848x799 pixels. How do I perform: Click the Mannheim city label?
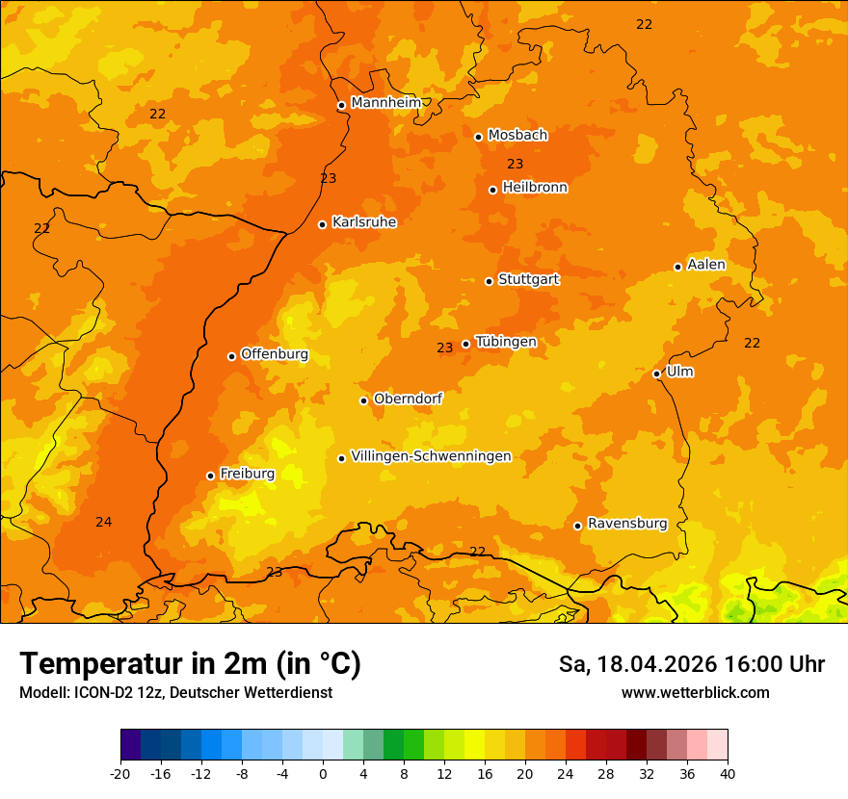[386, 103]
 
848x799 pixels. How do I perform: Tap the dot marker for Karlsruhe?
[322, 224]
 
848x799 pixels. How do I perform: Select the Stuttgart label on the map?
[528, 279]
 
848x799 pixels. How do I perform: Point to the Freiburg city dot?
[210, 476]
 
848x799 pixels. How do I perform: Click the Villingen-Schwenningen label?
[431, 456]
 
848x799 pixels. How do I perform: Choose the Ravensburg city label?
[626, 524]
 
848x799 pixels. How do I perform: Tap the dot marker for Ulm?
[656, 374]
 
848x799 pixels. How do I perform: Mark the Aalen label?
[705, 265]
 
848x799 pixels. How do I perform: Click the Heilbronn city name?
[535, 188]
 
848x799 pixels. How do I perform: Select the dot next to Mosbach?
[478, 137]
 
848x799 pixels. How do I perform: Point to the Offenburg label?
[275, 354]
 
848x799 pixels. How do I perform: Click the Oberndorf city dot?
[363, 400]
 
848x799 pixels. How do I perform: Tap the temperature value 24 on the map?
[104, 522]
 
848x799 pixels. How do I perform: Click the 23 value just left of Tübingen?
[444, 348]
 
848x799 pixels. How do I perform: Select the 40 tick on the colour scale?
[727, 774]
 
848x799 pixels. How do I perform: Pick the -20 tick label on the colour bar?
[120, 774]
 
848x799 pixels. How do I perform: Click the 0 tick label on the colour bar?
[323, 774]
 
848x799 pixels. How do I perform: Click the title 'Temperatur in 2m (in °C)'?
[190, 664]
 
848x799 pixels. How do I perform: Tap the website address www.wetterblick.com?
[695, 693]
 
